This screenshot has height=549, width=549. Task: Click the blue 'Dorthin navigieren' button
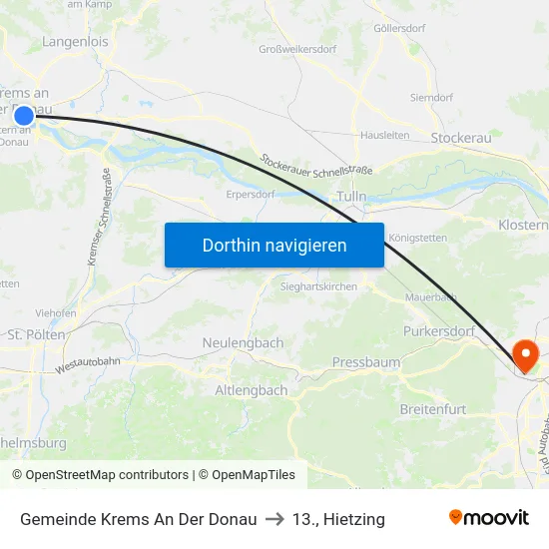pos(274,245)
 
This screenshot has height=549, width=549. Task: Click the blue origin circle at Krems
pos(24,117)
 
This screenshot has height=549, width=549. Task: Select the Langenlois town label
pos(76,42)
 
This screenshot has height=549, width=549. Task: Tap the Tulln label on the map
pos(351,197)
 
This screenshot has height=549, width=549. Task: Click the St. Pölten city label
pos(36,334)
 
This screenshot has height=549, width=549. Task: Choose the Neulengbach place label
pos(243,342)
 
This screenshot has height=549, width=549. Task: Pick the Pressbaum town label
pos(365,361)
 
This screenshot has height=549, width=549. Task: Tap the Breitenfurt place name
pos(432,409)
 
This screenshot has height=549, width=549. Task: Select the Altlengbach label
pos(252,390)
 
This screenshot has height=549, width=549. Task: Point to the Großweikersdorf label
pos(297,49)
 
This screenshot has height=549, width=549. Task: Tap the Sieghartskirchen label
pos(318,285)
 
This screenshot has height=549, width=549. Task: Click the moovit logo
pos(488,517)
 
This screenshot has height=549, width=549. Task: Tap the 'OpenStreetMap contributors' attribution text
pos(107,475)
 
